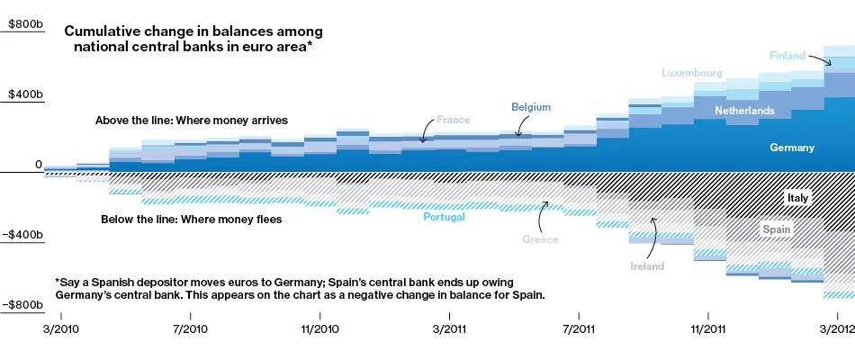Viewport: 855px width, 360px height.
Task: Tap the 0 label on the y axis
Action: click(38, 164)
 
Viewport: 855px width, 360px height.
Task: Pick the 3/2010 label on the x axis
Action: click(60, 329)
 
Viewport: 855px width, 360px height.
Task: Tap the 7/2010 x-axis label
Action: click(190, 329)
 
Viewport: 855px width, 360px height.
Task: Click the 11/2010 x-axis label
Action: click(319, 329)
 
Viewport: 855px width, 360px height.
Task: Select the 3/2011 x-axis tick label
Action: click(449, 329)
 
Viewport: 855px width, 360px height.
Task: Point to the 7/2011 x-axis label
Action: click(579, 329)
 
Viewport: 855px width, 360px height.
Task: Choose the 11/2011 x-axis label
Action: click(708, 329)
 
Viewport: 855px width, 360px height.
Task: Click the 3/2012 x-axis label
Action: click(837, 329)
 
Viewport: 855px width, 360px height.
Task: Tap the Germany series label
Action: click(792, 148)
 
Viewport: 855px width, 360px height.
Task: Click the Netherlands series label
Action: click(744, 111)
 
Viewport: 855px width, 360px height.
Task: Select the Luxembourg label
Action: click(692, 72)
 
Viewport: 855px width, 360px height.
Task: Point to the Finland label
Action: click(787, 56)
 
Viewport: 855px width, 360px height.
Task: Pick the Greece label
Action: click(541, 239)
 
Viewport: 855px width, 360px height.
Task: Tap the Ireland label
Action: click(647, 266)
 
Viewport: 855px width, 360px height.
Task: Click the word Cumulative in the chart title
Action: click(100, 31)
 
